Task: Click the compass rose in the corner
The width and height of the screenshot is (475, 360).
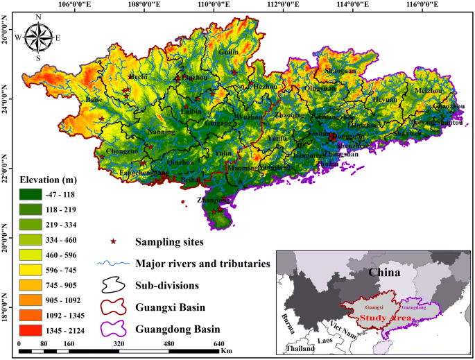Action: [x=38, y=37]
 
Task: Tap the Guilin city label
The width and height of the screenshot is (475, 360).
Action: [x=228, y=52]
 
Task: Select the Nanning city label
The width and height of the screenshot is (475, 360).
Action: [x=161, y=132]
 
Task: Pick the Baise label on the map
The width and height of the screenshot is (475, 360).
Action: [x=94, y=100]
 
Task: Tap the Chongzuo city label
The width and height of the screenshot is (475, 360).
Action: [x=121, y=151]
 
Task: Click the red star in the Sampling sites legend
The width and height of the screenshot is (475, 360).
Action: [x=114, y=242]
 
